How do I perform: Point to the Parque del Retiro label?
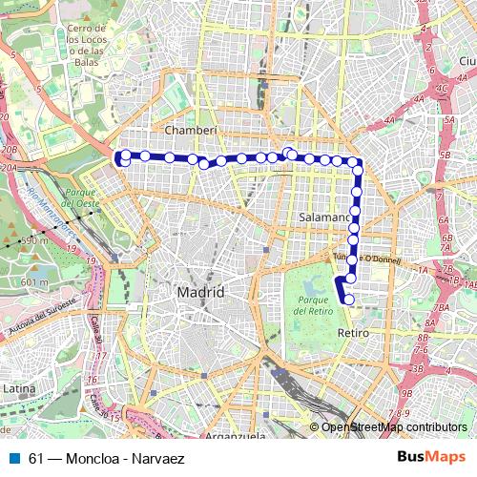pyautogui.click(x=312, y=307)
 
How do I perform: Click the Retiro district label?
pyautogui.click(x=354, y=333)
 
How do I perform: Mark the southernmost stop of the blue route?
pyautogui.click(x=348, y=300)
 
